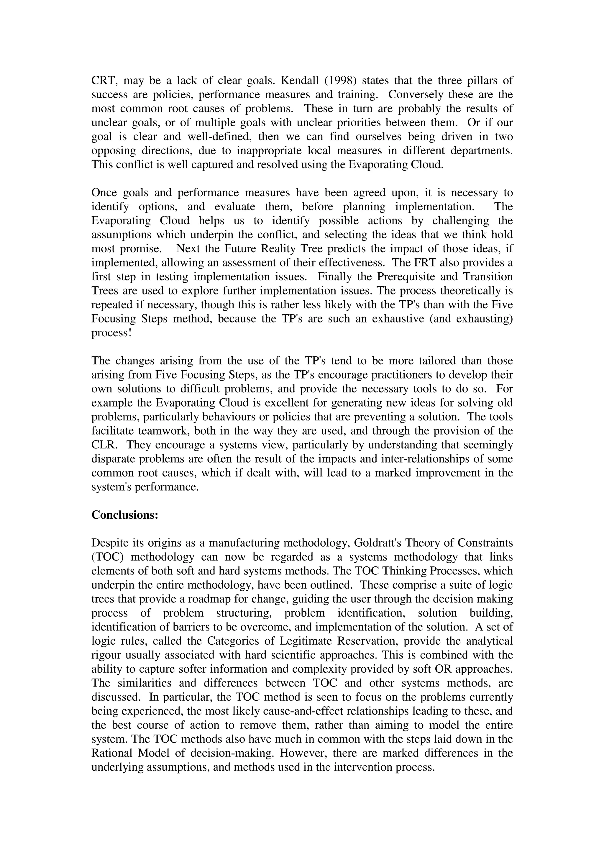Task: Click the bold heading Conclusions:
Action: coord(125,515)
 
